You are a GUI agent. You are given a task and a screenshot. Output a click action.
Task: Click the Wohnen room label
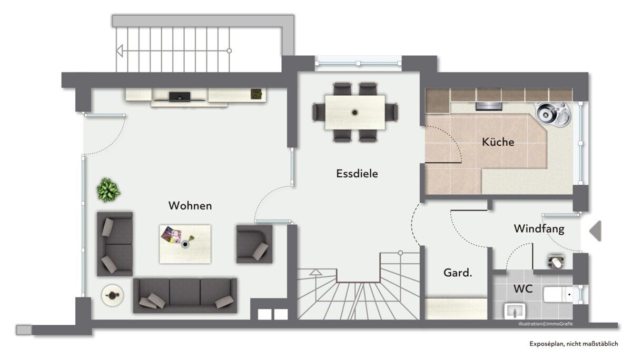tap(190, 205)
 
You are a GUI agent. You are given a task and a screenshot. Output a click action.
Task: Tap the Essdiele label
tap(357, 173)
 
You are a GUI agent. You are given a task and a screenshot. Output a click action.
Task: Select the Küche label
tap(498, 142)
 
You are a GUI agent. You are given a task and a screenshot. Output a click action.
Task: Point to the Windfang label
tap(539, 228)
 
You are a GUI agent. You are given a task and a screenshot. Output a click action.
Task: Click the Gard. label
tap(458, 273)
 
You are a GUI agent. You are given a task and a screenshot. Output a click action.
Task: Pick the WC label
tap(523, 288)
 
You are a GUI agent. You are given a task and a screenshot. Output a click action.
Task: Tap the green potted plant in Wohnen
tap(108, 189)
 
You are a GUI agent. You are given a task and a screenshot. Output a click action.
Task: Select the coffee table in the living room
tap(185, 244)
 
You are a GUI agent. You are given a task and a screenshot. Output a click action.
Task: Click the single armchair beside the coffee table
tap(254, 244)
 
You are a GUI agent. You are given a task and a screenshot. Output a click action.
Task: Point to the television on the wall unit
tap(180, 97)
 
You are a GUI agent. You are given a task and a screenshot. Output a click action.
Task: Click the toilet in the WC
tap(558, 295)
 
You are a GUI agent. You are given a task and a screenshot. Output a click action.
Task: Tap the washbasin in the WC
tap(515, 311)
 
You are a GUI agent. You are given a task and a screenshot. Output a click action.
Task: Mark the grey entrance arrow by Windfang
tap(595, 231)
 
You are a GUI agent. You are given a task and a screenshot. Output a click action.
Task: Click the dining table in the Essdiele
tap(355, 112)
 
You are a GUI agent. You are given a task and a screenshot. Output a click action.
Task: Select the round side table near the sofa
tap(112, 295)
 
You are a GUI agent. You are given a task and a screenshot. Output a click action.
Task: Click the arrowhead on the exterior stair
tap(120, 51)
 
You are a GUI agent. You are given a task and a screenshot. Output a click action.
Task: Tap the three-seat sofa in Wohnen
tap(185, 295)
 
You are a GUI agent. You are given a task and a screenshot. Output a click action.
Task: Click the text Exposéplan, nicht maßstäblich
tap(574, 344)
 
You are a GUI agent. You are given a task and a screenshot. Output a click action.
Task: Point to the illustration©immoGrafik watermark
tap(546, 324)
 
